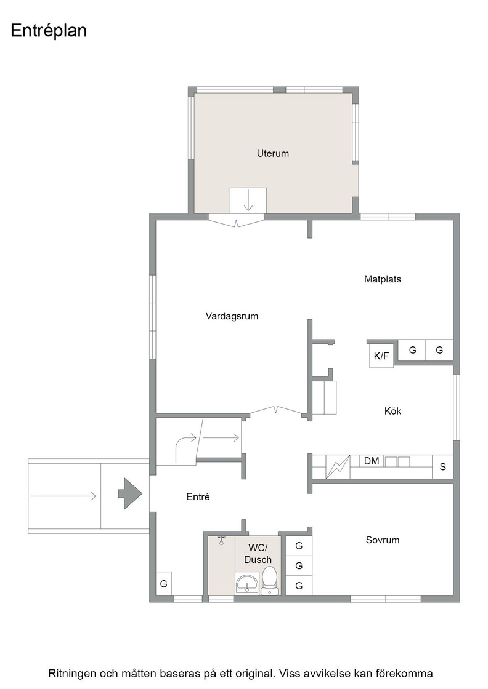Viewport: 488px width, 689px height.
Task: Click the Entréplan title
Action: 49,31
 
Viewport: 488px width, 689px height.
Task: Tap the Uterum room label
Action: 273,153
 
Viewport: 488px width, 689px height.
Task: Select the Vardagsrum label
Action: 232,316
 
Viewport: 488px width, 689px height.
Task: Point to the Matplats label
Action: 383,279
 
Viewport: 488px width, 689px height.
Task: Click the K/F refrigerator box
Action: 381,356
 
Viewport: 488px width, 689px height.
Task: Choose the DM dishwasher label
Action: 372,461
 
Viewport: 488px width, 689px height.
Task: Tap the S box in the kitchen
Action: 442,467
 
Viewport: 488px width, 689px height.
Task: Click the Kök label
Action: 392,412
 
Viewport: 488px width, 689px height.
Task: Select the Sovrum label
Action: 383,540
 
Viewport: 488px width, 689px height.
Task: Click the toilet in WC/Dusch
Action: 269,580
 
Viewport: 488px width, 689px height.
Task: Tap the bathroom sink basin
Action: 247,584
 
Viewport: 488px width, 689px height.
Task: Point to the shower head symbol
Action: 221,540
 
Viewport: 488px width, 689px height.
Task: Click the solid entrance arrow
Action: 130,493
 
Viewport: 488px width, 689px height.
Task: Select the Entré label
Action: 198,497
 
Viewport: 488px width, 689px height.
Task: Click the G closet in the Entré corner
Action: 164,584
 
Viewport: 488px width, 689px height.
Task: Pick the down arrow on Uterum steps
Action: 248,201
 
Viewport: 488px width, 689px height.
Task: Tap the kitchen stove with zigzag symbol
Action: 338,467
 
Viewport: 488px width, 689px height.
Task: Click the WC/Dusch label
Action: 258,554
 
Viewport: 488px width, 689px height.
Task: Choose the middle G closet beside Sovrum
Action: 299,565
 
